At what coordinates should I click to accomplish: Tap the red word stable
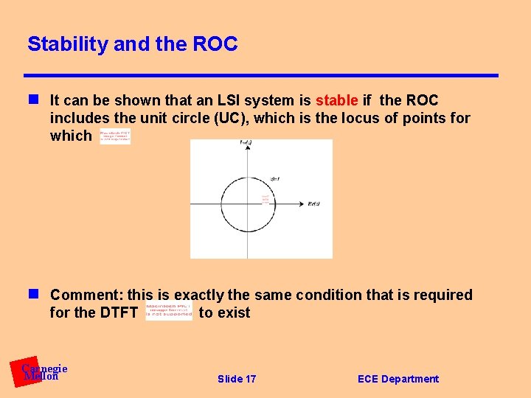(x=336, y=100)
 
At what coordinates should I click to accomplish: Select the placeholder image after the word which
(x=115, y=136)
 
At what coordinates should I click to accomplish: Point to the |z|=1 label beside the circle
(x=275, y=179)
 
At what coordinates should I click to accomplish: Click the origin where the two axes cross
(x=247, y=204)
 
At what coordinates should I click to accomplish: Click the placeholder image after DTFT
(x=169, y=312)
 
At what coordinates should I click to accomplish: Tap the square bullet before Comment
(x=33, y=295)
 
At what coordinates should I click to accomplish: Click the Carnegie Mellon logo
(x=41, y=372)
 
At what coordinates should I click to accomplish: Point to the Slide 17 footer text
(x=237, y=379)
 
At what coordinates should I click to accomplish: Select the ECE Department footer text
(x=398, y=379)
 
